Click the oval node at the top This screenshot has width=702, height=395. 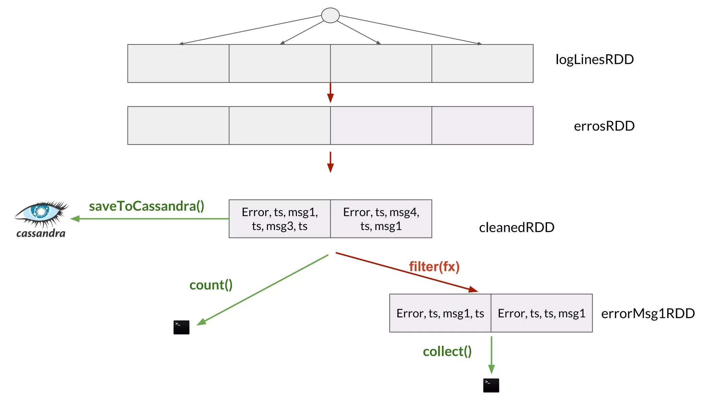pyautogui.click(x=330, y=15)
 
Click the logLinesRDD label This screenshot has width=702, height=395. pyautogui.click(x=594, y=60)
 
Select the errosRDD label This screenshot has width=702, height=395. pyautogui.click(x=604, y=126)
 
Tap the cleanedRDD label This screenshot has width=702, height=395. pyautogui.click(x=516, y=227)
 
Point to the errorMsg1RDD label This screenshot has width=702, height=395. pyautogui.click(x=647, y=313)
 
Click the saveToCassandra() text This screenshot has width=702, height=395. pyautogui.click(x=146, y=206)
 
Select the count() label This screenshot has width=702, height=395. pyautogui.click(x=211, y=285)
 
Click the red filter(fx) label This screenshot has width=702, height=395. pyautogui.click(x=434, y=267)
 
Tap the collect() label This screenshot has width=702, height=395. pyautogui.click(x=447, y=351)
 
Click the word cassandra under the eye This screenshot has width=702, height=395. pyautogui.click(x=41, y=234)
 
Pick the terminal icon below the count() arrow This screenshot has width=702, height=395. pyautogui.click(x=181, y=327)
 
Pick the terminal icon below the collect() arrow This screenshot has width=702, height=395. pyautogui.click(x=491, y=385)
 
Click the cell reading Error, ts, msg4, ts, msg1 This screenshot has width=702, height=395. pyautogui.click(x=381, y=219)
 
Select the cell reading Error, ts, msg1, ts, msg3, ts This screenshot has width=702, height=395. pyautogui.click(x=279, y=219)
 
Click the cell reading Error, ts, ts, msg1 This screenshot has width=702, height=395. pyautogui.click(x=541, y=313)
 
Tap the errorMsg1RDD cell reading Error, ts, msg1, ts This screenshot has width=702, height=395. pyautogui.click(x=440, y=313)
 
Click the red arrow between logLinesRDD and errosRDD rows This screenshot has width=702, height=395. pyautogui.click(x=330, y=93)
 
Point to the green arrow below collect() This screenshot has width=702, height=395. pyautogui.click(x=491, y=355)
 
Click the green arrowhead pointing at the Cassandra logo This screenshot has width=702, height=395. pyautogui.click(x=75, y=219)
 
